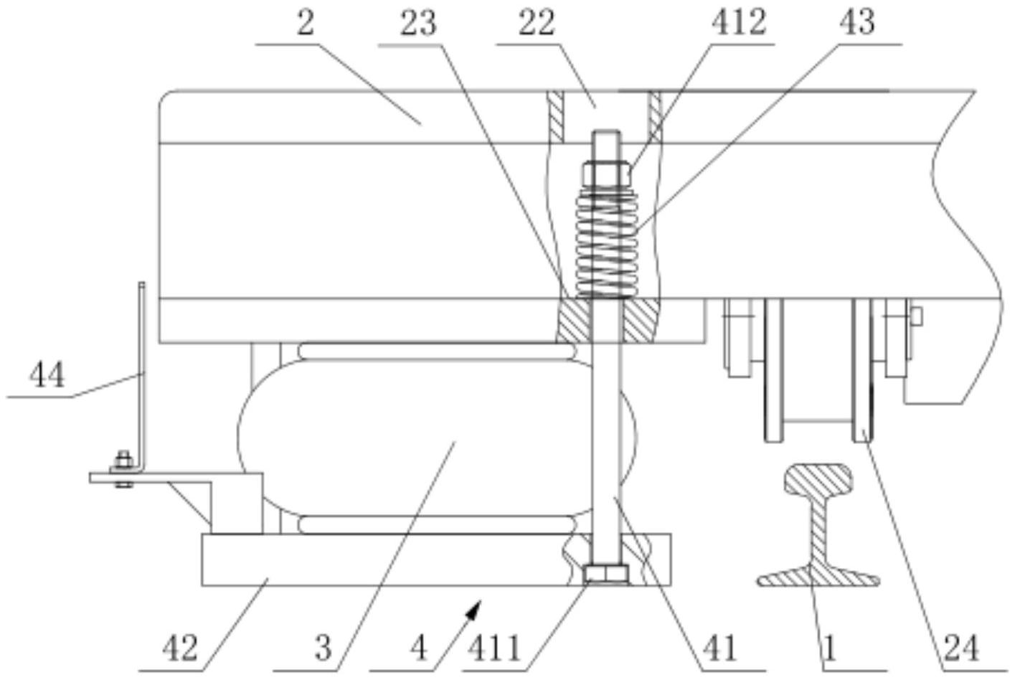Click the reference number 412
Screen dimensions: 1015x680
[739, 23]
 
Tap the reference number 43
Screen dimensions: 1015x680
[857, 23]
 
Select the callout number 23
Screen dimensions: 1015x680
[418, 24]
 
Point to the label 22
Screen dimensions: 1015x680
[537, 23]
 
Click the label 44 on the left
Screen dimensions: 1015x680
[47, 375]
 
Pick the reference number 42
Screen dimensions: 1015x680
[180, 648]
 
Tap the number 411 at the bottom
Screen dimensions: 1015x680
[494, 648]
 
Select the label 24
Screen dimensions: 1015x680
[961, 648]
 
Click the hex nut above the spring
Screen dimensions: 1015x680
[607, 174]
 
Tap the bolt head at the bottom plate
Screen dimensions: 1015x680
[606, 575]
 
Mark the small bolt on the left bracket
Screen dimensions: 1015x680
[123, 469]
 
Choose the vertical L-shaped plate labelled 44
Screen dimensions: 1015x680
[142, 376]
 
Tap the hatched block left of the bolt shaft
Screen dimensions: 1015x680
[574, 321]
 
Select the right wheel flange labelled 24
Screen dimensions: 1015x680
[861, 370]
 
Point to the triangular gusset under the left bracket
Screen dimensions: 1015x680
[190, 502]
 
